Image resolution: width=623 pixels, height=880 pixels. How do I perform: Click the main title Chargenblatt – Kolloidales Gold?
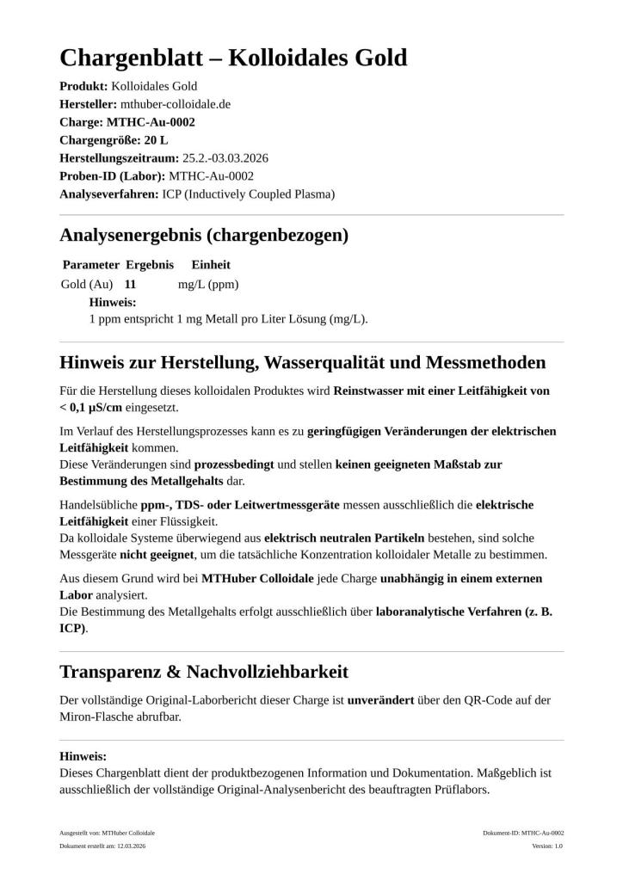click(233, 58)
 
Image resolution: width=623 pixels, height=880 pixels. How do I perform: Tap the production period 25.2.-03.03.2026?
click(225, 158)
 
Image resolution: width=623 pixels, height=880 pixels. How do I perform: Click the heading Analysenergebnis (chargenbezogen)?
click(203, 235)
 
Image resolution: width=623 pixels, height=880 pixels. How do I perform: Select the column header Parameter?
click(90, 265)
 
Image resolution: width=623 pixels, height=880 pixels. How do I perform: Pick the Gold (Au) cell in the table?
click(87, 284)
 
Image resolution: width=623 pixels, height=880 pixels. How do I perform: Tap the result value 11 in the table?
click(131, 284)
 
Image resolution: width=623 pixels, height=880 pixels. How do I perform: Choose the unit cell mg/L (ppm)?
click(208, 284)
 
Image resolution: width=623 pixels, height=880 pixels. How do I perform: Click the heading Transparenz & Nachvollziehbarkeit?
click(204, 671)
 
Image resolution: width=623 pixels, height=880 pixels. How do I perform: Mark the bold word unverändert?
click(379, 700)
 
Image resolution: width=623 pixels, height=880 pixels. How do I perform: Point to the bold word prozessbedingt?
click(233, 464)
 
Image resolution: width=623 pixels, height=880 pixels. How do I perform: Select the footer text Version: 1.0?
click(546, 846)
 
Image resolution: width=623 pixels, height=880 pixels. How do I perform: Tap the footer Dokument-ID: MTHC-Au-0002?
click(523, 833)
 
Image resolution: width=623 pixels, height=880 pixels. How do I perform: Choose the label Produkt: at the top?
click(83, 86)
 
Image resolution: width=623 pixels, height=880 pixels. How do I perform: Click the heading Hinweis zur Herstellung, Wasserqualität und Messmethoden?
click(302, 362)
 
